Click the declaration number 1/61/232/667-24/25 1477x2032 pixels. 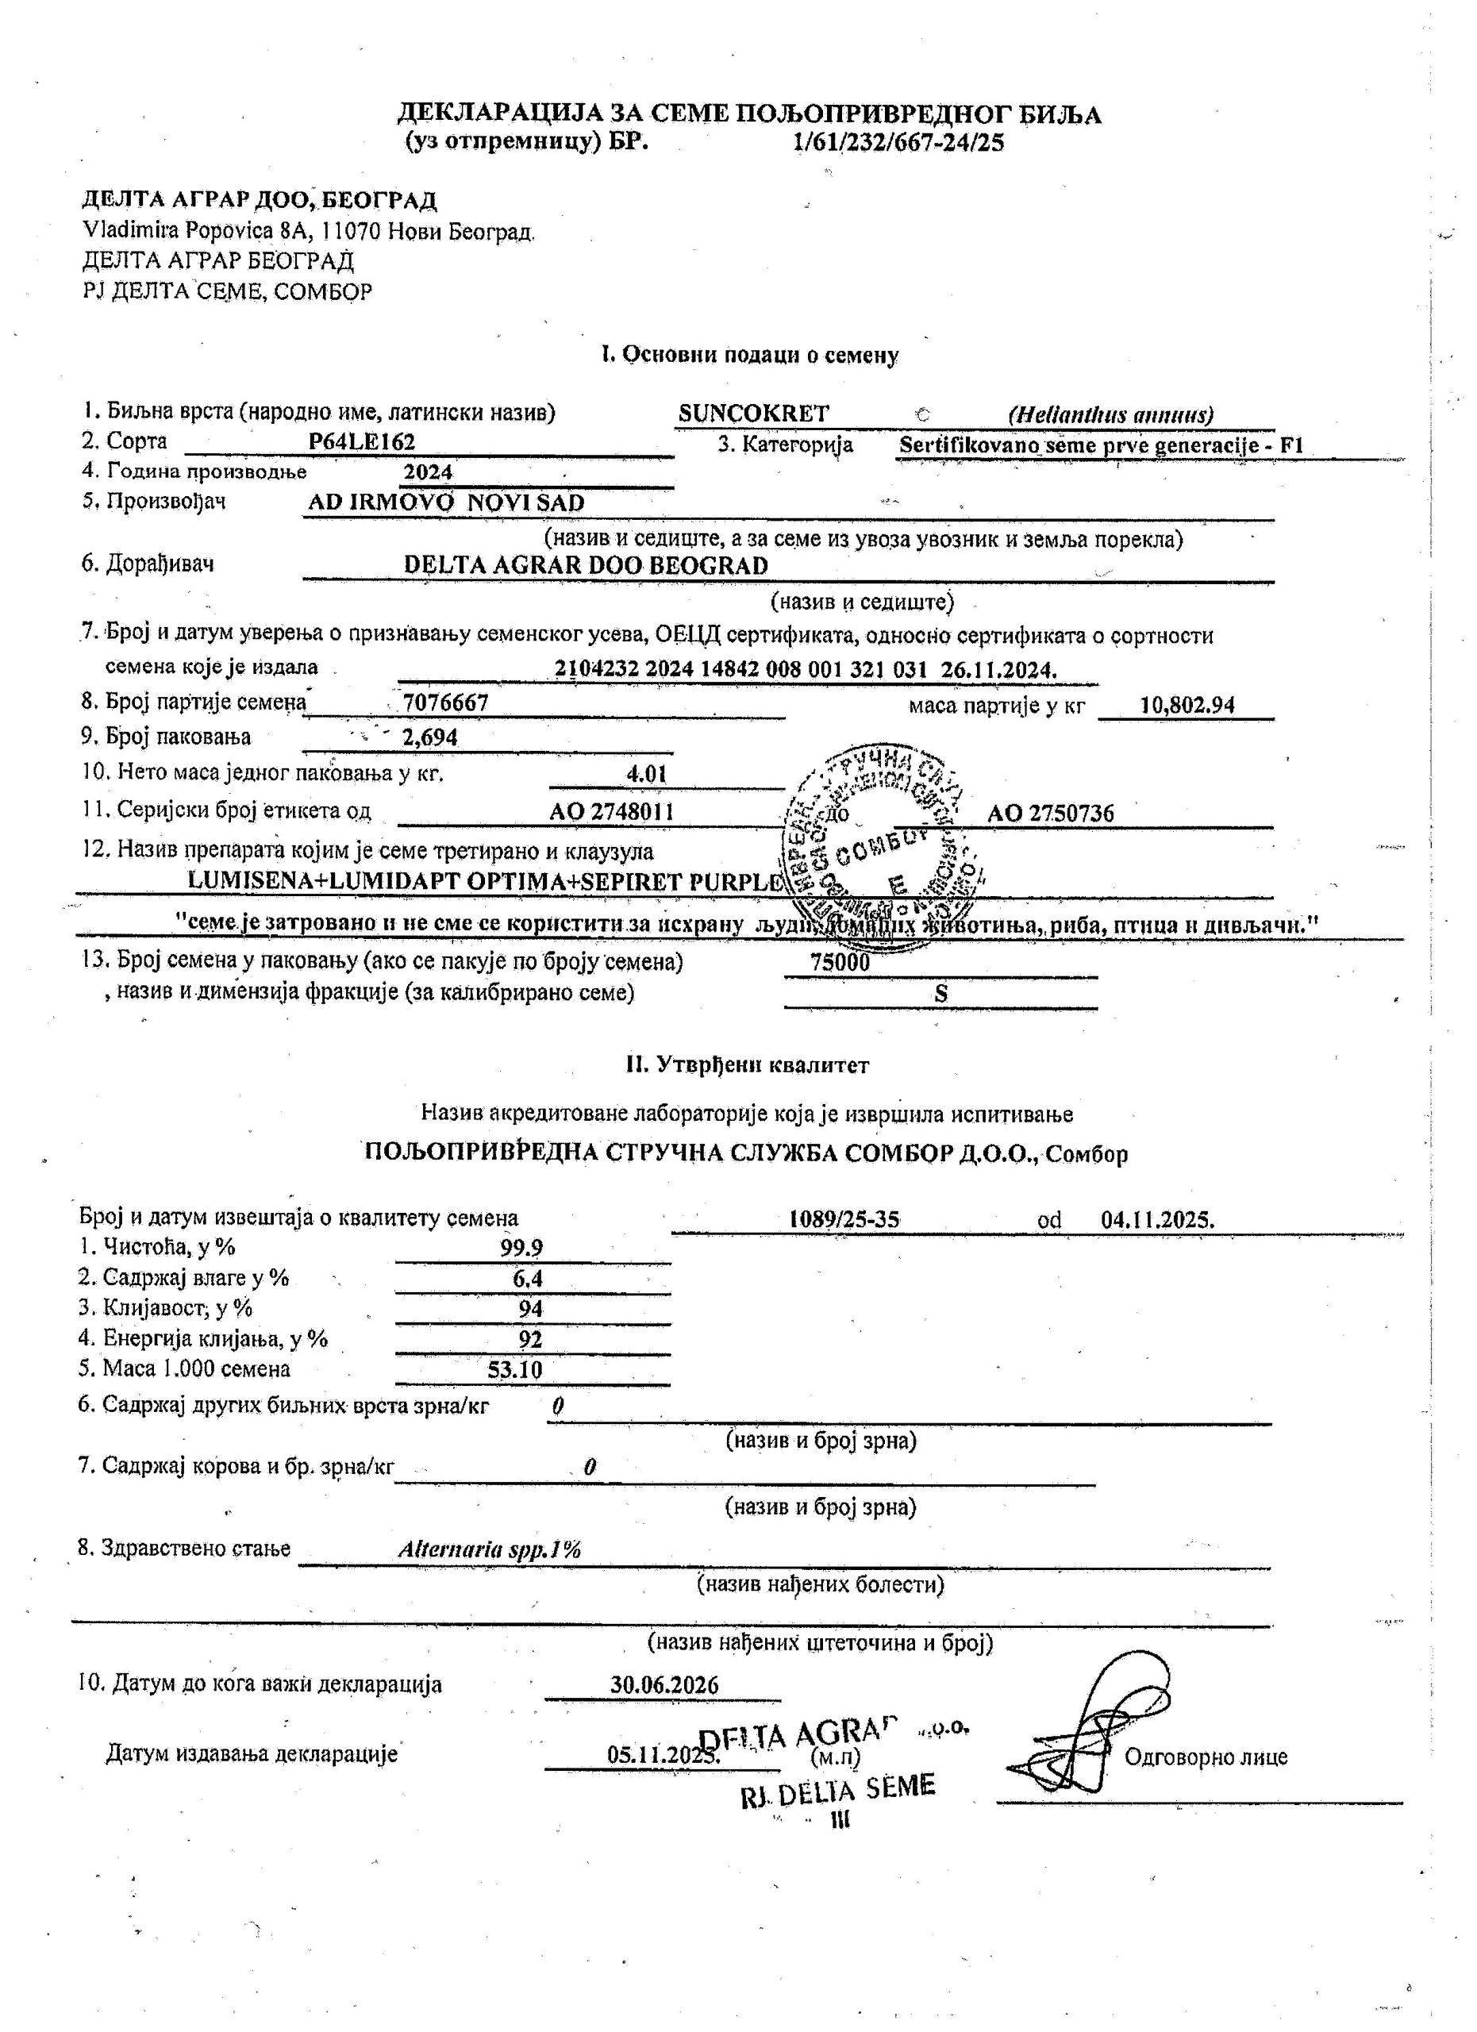click(898, 142)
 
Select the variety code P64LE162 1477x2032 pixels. click(361, 441)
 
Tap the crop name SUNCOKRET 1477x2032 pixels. click(753, 413)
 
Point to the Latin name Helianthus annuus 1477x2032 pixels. click(1110, 415)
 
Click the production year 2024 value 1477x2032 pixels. click(427, 471)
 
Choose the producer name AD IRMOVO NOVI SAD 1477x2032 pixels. click(446, 502)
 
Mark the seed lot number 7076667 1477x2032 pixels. click(445, 702)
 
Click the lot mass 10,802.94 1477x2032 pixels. click(1187, 705)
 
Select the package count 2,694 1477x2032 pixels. click(430, 737)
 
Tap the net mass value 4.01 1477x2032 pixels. click(647, 773)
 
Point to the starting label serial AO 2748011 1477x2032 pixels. click(612, 812)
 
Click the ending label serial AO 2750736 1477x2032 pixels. click(1051, 814)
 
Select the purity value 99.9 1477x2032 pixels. click(521, 1247)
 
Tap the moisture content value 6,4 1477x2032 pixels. click(528, 1279)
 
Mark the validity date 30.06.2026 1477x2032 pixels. click(663, 1684)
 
